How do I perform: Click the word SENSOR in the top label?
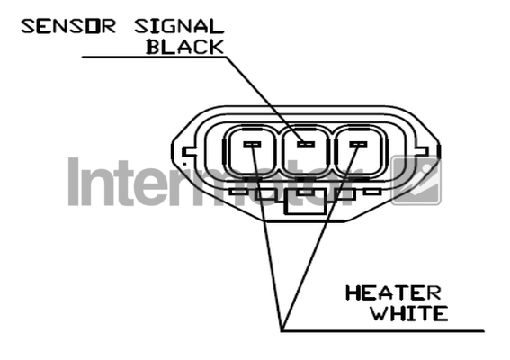click(x=68, y=27)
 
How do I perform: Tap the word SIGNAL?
click(x=179, y=27)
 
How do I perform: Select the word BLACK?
click(x=185, y=47)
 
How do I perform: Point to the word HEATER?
click(x=393, y=292)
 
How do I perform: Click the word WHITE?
click(x=409, y=313)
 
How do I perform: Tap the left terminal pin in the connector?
click(x=253, y=144)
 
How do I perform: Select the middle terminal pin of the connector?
click(x=306, y=143)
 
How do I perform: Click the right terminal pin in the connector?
click(x=358, y=144)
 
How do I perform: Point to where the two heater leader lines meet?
click(x=282, y=330)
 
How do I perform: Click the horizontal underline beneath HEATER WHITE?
click(x=383, y=331)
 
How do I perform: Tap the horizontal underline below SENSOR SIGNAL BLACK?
click(x=154, y=58)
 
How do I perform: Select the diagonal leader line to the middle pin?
click(x=265, y=100)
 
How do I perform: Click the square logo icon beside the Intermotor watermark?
click(x=416, y=181)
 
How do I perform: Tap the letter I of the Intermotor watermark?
click(x=74, y=182)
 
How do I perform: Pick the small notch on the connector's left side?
click(x=189, y=152)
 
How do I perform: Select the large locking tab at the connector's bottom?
click(x=306, y=202)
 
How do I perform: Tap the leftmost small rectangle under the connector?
click(x=237, y=192)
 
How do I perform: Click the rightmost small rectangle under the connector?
click(x=372, y=192)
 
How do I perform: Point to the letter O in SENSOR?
click(x=92, y=27)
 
